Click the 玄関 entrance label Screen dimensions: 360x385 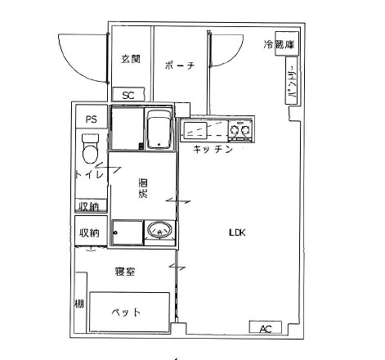click(x=131, y=59)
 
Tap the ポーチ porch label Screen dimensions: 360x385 click(x=178, y=66)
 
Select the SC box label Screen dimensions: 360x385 click(x=128, y=95)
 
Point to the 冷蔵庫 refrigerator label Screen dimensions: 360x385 click(x=278, y=45)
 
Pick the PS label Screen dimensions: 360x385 click(x=91, y=119)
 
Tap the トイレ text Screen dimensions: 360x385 click(x=88, y=175)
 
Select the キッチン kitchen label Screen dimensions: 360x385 click(x=213, y=151)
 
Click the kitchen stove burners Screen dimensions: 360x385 click(x=240, y=129)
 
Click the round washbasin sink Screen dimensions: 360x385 click(x=160, y=232)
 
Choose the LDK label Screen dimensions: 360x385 click(x=237, y=232)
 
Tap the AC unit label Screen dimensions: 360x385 click(x=265, y=329)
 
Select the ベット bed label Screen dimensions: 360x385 click(x=126, y=312)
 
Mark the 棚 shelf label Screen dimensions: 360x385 click(x=78, y=304)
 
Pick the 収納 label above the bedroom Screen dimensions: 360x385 click(x=89, y=233)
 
